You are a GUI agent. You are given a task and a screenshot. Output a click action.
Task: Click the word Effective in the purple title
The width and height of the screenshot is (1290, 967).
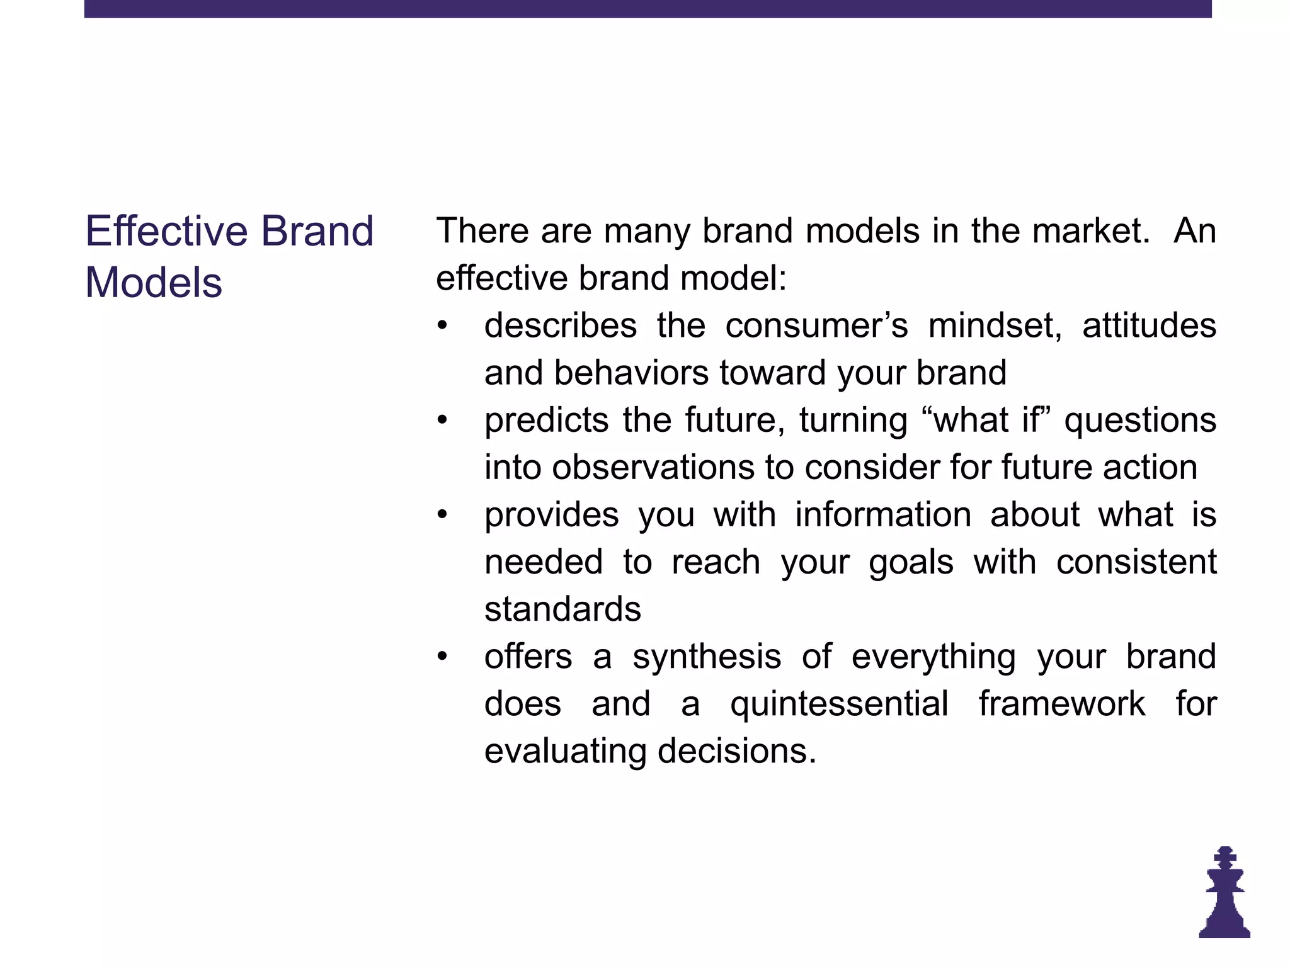click(167, 231)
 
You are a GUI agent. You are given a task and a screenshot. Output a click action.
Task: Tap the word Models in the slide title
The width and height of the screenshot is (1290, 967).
click(154, 282)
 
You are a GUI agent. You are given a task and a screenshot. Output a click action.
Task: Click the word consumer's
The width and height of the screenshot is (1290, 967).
click(816, 326)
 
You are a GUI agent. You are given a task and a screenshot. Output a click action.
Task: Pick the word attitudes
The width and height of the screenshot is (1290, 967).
click(1149, 326)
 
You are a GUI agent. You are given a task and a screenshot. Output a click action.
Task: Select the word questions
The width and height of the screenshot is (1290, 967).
click(1140, 421)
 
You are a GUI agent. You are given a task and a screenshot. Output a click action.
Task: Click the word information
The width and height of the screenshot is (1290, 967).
click(883, 515)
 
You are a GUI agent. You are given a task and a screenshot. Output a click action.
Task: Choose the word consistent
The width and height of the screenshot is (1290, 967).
click(1136, 562)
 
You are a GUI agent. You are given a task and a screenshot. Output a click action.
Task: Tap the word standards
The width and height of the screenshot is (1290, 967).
click(562, 609)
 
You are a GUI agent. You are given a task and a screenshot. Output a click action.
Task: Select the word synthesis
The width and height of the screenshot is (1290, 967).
click(707, 657)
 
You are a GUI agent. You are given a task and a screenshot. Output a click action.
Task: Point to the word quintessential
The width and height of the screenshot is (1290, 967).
click(839, 704)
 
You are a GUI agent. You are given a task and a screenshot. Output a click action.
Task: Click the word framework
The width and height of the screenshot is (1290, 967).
click(1062, 704)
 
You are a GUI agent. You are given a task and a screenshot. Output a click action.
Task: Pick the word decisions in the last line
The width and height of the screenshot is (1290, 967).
click(736, 751)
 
